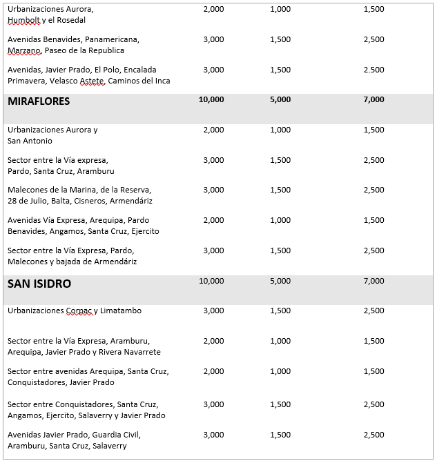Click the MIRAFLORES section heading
click(39, 101)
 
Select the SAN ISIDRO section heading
click(39, 284)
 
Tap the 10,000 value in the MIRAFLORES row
click(211, 100)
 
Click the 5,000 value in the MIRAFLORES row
click(280, 100)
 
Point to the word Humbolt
click(23, 21)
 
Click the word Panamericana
click(113, 39)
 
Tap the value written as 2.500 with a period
click(373, 70)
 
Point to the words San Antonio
click(30, 141)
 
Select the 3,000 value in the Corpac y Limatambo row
click(213, 311)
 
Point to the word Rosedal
click(75, 21)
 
